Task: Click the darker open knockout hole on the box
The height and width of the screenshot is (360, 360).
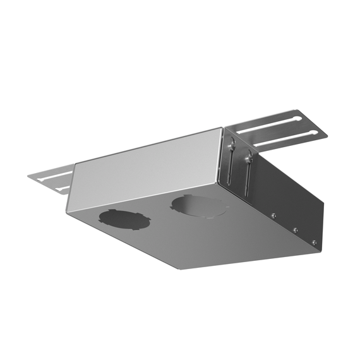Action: [124, 219]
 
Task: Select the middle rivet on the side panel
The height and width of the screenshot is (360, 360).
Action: [295, 229]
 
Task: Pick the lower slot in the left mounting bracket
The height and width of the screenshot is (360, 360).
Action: [63, 188]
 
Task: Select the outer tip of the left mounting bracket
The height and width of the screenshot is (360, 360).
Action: [30, 176]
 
